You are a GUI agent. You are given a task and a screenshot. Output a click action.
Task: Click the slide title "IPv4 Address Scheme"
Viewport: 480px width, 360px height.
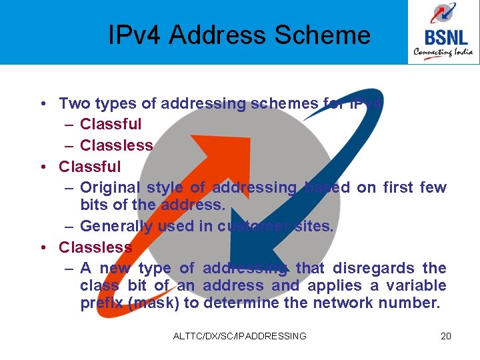click(x=239, y=35)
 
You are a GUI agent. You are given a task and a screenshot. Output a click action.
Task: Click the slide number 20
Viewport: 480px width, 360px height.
click(x=446, y=336)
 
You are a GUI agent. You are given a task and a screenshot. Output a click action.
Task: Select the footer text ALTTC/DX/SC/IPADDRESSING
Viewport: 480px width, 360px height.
click(x=239, y=336)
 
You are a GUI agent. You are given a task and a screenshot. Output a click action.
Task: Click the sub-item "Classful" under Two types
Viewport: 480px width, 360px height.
click(x=111, y=124)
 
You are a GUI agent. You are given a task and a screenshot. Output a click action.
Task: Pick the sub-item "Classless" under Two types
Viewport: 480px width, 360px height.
click(x=117, y=145)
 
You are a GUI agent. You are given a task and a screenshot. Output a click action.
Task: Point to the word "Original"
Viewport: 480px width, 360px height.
click(x=108, y=187)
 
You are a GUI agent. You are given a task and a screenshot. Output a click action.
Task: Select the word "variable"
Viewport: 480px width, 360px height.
click(x=421, y=285)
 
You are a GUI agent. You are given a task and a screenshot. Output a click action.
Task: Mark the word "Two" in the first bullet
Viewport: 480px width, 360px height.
click(x=71, y=103)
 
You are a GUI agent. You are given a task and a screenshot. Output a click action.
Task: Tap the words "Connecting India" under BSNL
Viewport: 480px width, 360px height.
click(x=443, y=51)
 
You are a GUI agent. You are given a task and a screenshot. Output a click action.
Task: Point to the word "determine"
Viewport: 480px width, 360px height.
click(x=243, y=303)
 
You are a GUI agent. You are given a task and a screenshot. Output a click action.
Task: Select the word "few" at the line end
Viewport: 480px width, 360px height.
click(x=433, y=187)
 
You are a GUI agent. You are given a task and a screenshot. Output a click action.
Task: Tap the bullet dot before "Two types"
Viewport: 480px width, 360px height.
click(x=42, y=103)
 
